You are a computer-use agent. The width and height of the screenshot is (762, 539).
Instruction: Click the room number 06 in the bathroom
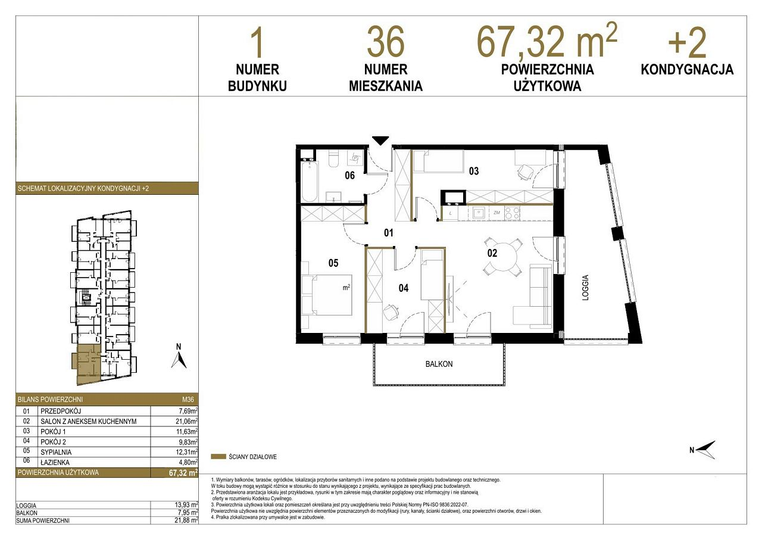click(x=349, y=176)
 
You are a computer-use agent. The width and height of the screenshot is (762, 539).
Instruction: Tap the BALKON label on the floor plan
click(x=439, y=364)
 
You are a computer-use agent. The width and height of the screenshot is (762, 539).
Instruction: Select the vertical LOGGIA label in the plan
click(x=585, y=288)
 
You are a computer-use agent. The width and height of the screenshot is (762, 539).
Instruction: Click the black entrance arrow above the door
click(x=380, y=141)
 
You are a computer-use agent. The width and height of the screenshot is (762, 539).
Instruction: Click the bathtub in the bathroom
click(x=310, y=182)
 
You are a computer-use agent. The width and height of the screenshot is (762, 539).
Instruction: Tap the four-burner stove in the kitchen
click(x=512, y=213)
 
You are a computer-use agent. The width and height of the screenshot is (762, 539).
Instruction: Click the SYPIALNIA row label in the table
click(x=56, y=452)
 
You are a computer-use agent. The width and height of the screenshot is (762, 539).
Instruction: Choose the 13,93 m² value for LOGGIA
click(x=186, y=505)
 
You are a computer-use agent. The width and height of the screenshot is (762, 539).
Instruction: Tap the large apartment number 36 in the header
click(x=386, y=42)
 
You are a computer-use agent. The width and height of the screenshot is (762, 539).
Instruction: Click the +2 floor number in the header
click(x=687, y=43)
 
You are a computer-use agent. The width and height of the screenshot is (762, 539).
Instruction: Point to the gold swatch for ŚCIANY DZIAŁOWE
click(x=218, y=457)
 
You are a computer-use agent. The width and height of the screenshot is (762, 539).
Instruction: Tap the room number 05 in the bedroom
click(x=333, y=263)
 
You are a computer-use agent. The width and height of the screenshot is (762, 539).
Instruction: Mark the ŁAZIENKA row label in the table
click(x=55, y=462)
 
